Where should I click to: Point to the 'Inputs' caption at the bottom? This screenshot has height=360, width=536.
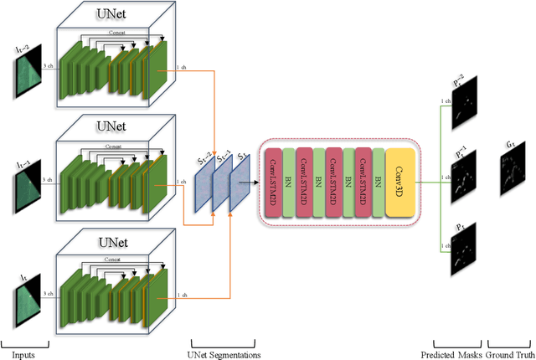[x=23, y=353]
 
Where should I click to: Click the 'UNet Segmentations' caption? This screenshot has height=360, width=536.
[x=221, y=354]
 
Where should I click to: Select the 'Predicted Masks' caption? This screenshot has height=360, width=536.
[x=456, y=353]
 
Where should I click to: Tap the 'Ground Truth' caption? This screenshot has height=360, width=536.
[x=510, y=353]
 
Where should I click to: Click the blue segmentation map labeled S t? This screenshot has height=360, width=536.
[x=240, y=181]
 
